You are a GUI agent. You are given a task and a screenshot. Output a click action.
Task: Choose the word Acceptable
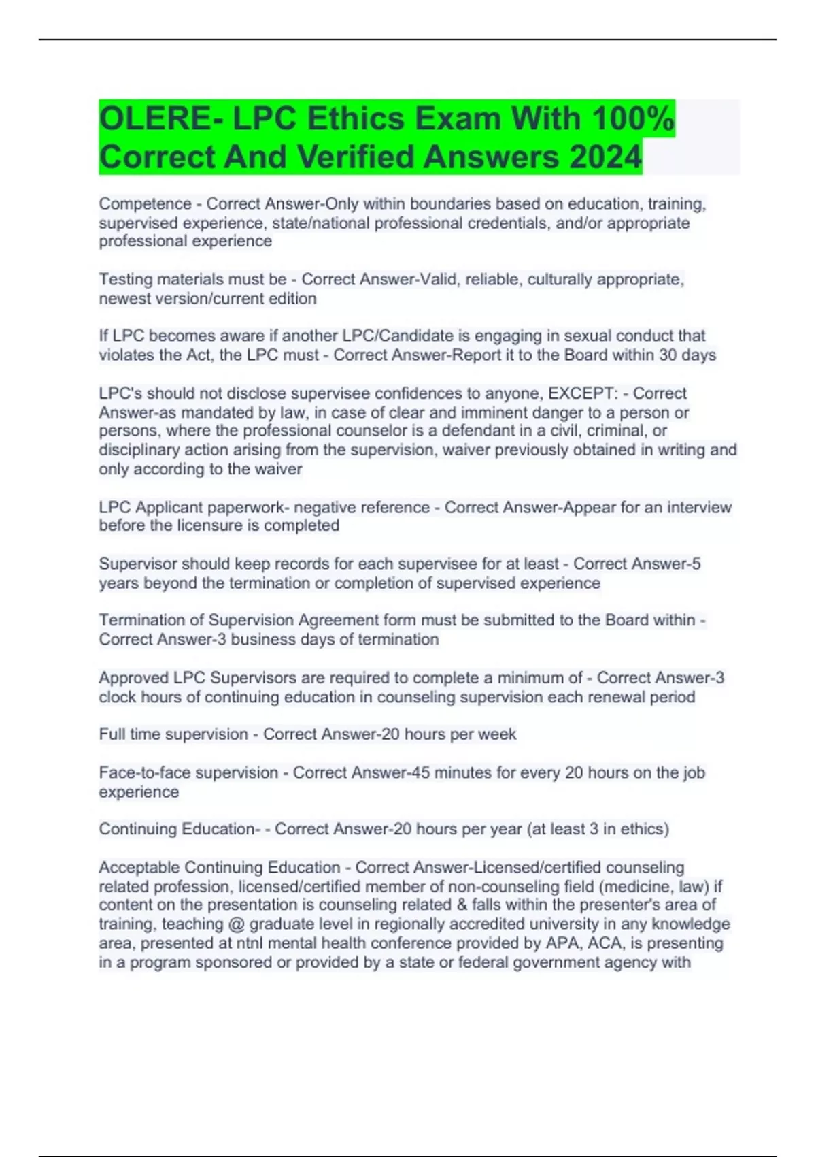click(x=139, y=868)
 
